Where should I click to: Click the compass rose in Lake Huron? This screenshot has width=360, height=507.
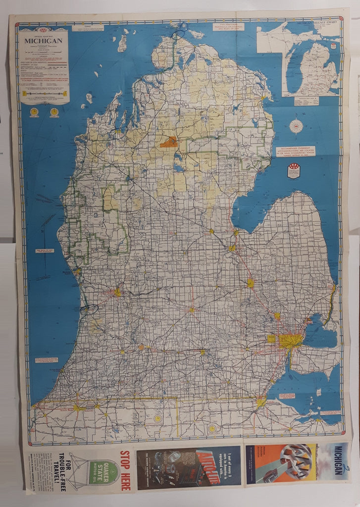(296, 126)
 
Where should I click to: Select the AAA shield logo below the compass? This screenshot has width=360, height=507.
(293, 171)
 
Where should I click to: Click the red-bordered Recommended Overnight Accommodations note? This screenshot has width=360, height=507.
(296, 152)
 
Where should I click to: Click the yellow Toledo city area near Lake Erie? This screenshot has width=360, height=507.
(261, 402)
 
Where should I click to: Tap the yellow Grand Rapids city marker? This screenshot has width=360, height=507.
(117, 292)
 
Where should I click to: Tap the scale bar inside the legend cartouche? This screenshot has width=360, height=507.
(44, 93)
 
